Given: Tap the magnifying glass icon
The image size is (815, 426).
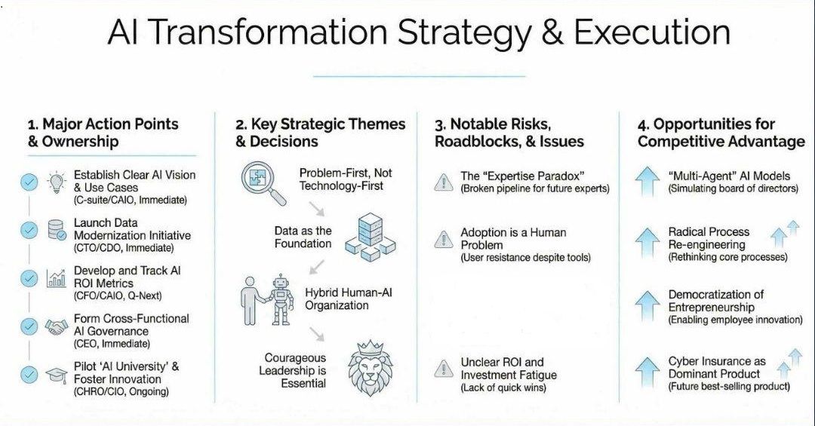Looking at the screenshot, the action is point(263,183).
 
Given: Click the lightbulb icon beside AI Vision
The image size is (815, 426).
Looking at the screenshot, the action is point(56,183).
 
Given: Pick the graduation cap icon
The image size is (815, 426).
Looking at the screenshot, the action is point(56,375).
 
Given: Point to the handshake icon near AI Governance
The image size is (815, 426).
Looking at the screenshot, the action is point(56,326).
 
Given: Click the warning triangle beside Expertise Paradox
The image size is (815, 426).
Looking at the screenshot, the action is point(444,182).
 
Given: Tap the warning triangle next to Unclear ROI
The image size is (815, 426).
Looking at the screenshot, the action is point(444,369).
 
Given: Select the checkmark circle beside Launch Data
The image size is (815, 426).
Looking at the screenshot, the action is point(29,230).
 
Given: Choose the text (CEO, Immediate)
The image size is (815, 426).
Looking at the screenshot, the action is point(112,344).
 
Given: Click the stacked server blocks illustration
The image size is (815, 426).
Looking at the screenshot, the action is point(370,237).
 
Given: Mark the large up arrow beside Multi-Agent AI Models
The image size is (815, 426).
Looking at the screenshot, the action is point(647,181).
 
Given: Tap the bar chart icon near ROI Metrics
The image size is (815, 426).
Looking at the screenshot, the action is point(56,278).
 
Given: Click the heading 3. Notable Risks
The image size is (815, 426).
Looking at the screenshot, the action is point(492,124).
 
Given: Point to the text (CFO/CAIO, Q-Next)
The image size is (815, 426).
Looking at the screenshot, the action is point(118,296).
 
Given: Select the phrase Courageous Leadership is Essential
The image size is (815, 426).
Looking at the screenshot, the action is point(293,370).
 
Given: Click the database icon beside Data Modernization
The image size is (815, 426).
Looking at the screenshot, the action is point(57,230).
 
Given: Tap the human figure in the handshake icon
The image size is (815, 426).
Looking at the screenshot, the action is point(252,301).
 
